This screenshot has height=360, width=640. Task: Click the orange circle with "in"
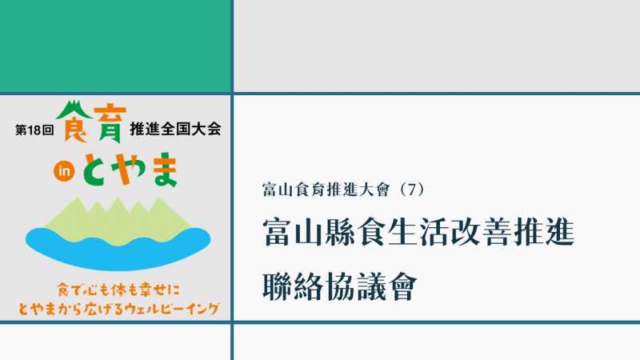coord(64,171)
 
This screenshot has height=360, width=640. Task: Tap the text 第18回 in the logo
coord(34,130)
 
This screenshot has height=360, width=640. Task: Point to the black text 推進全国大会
coord(175,129)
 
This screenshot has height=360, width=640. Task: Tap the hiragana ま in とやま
coord(163,170)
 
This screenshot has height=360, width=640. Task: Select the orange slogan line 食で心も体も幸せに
coord(118,290)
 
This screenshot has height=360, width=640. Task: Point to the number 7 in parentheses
coord(410,190)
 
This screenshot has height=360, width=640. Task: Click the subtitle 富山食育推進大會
coord(326,190)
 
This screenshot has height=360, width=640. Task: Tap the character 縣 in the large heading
coord(340,232)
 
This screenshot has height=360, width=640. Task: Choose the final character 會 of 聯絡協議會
coord(402,286)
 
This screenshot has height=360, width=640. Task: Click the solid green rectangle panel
coord(115,46)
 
